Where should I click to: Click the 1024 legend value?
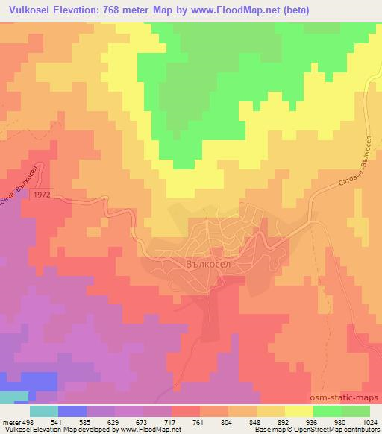click(x=370, y=421)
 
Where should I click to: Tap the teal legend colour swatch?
click(x=44, y=410)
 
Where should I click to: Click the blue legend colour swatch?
click(x=72, y=410)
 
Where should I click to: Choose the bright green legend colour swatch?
click(x=328, y=410)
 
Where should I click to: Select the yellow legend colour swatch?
click(x=299, y=410)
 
